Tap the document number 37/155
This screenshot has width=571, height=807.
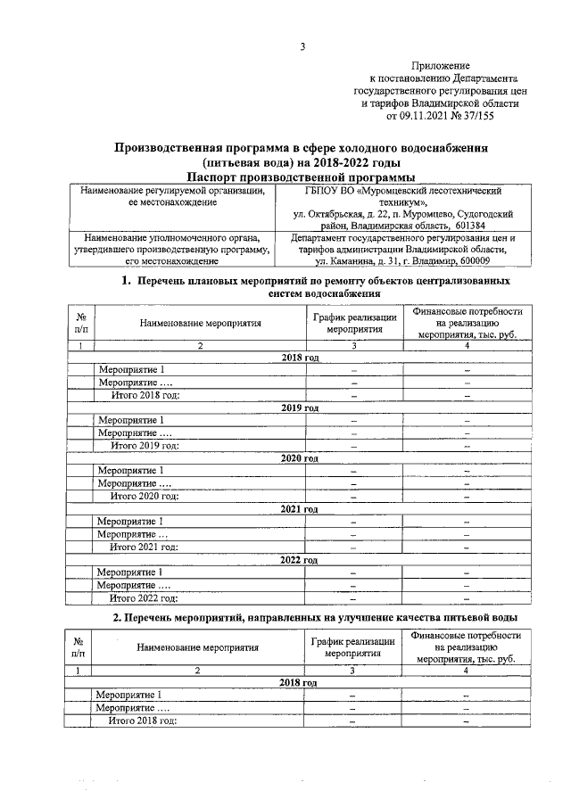click(476, 115)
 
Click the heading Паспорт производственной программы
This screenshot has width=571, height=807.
click(302, 177)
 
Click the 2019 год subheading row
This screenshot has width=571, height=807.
click(301, 408)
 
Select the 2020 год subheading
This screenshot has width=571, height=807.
click(301, 458)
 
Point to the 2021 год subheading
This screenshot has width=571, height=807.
click(301, 509)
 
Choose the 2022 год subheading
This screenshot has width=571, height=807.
click(301, 560)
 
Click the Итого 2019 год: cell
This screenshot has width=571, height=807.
click(145, 445)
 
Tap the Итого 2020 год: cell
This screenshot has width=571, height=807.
click(145, 496)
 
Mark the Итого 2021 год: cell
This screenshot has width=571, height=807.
click(145, 547)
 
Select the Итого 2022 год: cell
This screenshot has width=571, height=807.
click(145, 598)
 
